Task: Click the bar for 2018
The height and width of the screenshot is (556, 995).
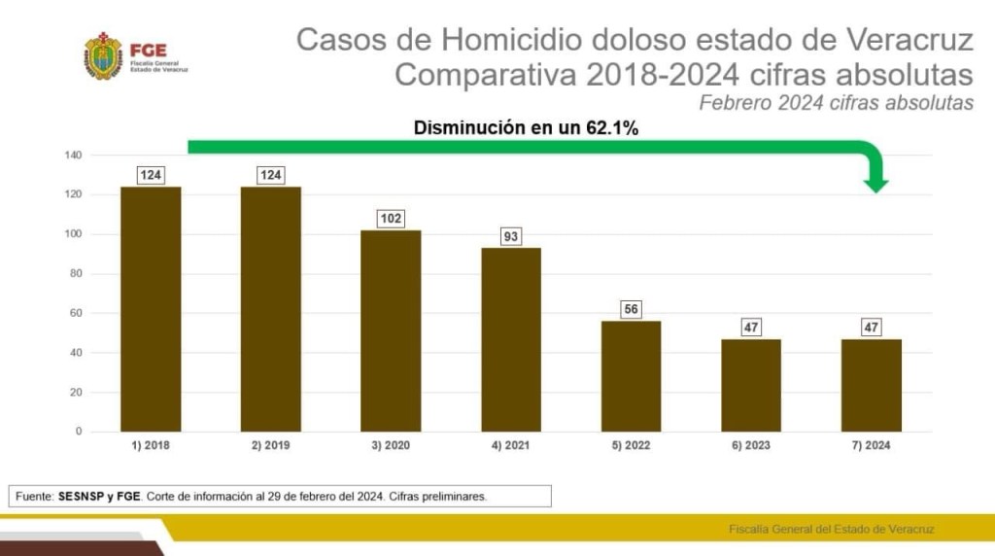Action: (x=151, y=309)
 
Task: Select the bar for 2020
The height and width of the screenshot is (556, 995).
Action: (x=391, y=330)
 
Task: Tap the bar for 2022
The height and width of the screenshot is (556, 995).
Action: (x=631, y=376)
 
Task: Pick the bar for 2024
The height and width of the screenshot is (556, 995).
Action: (x=871, y=385)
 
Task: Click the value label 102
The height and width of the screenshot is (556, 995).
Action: (x=391, y=219)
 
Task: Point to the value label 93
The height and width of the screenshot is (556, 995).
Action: (x=511, y=236)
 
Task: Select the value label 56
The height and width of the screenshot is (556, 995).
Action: (x=631, y=309)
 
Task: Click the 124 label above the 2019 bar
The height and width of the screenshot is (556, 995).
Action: (x=271, y=175)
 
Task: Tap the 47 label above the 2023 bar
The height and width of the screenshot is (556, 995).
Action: (x=751, y=328)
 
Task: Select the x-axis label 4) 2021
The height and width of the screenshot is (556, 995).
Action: (x=511, y=445)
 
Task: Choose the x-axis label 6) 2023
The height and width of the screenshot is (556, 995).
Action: (x=751, y=445)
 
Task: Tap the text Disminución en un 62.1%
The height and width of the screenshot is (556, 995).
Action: (x=526, y=127)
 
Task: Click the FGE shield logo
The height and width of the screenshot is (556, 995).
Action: (x=103, y=55)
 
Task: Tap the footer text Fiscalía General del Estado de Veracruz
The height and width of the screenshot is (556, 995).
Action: (x=831, y=529)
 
